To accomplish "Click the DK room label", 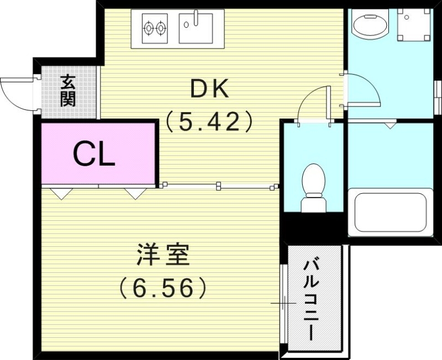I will pyautogui.click(x=209, y=89).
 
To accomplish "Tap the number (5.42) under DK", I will pyautogui.click(x=209, y=120).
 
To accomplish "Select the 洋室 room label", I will pyautogui.click(x=162, y=255).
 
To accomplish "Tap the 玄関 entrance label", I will pyautogui.click(x=68, y=91).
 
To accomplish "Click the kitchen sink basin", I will pyautogui.click(x=196, y=27).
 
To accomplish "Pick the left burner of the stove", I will pyautogui.click(x=148, y=26).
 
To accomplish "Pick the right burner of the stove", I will pyautogui.click(x=161, y=26).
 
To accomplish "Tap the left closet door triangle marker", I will pyautogui.click(x=61, y=193).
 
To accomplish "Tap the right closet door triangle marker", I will pyautogui.click(x=134, y=193).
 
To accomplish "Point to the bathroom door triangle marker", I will pyautogui.click(x=391, y=125).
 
